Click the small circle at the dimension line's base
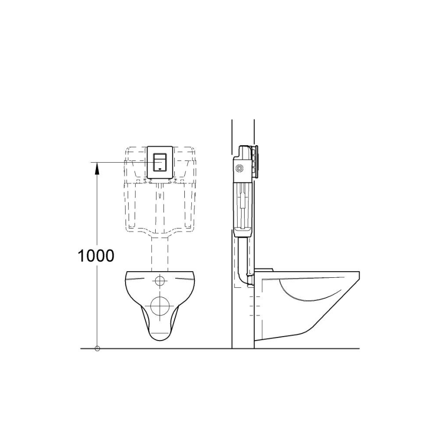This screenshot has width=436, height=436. [97, 348]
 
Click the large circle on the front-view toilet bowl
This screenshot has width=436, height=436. [161, 305]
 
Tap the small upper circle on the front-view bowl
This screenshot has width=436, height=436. [161, 280]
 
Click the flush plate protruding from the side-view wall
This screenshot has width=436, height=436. [257, 162]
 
